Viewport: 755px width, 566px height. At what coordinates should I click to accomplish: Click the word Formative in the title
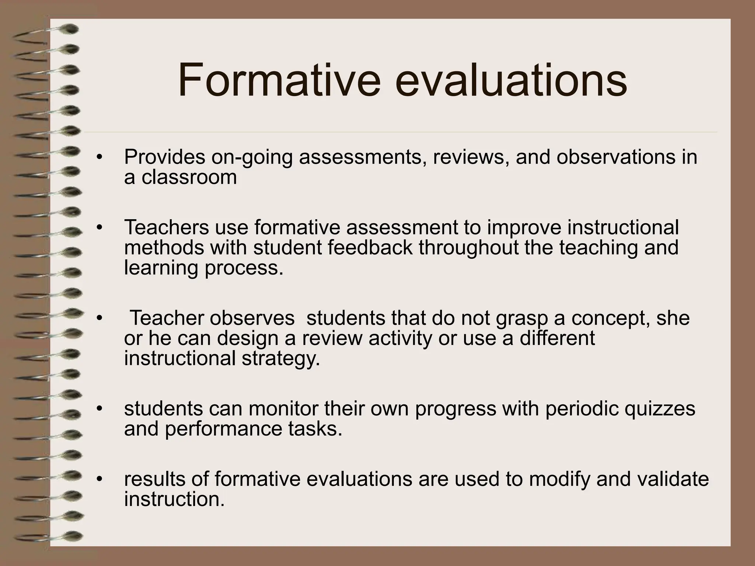tap(279, 80)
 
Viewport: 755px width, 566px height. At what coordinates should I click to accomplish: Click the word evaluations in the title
tap(511, 80)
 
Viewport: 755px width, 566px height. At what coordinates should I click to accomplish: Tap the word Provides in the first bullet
tap(164, 157)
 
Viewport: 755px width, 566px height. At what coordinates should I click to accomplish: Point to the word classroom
tap(189, 177)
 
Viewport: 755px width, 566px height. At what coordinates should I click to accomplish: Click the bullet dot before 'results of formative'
tap(98, 479)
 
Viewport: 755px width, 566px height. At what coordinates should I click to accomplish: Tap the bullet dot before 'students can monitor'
tap(98, 409)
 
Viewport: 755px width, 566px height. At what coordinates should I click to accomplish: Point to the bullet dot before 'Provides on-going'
tap(98, 157)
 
